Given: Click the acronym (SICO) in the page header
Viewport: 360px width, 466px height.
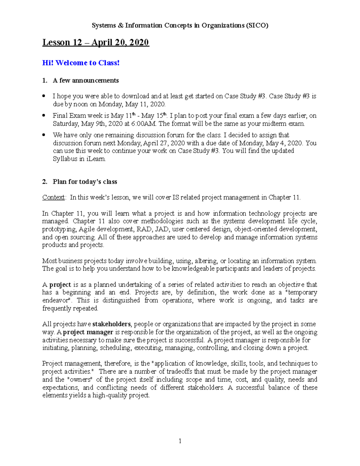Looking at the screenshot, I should point(257,26).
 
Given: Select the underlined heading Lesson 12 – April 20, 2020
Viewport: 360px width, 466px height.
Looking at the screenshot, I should point(95,43).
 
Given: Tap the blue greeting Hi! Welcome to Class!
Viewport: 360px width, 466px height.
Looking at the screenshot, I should point(81,63).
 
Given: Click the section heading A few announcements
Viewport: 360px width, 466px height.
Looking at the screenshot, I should point(85,80).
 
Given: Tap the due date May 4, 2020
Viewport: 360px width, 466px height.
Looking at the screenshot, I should point(284,143).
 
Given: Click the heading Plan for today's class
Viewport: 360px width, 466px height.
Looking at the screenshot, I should point(85,182).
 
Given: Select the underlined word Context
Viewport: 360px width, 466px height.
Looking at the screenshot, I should point(53,197).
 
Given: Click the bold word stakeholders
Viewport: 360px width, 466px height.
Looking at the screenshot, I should point(111,324).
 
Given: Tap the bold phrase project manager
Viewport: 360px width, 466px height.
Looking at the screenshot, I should point(88,332).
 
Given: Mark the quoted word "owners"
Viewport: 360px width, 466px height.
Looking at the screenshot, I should point(80,380).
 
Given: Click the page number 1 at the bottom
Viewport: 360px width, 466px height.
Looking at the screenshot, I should point(180,441).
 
